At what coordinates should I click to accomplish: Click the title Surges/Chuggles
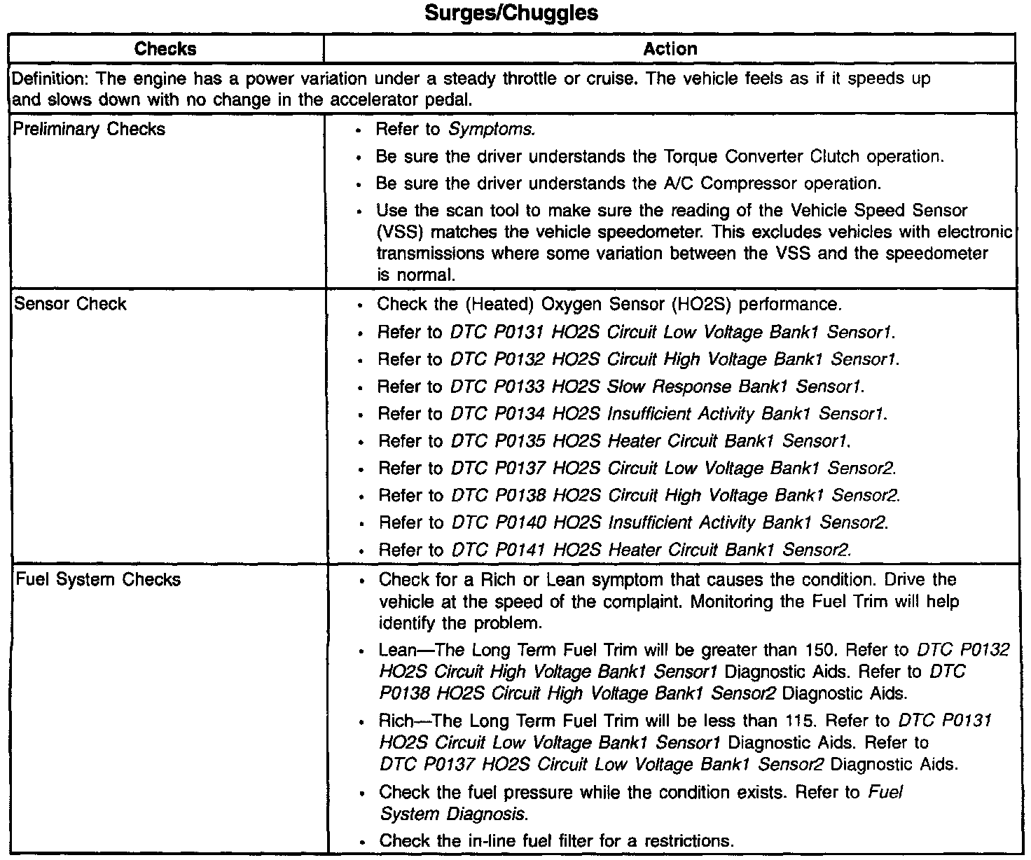(512, 13)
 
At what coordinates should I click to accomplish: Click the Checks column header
(165, 49)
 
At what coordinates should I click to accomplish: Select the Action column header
(670, 49)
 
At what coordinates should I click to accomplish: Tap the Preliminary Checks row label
(90, 129)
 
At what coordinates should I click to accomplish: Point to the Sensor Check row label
(70, 304)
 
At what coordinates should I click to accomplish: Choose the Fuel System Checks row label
(97, 580)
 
